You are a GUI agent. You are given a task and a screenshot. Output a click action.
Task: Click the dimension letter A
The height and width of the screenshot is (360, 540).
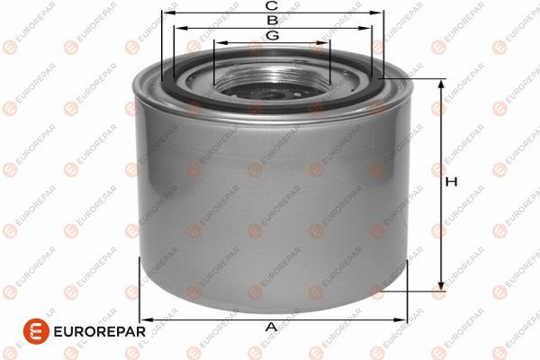(x=270, y=327)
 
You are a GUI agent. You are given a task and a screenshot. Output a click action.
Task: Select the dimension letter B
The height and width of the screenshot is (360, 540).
(x=271, y=20)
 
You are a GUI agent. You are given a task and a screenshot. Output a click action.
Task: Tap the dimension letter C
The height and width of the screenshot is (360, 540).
(x=271, y=6)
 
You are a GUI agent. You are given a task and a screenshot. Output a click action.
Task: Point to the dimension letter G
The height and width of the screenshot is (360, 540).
(x=271, y=35)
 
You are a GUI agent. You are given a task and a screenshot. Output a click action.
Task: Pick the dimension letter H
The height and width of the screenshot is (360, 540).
(x=453, y=182)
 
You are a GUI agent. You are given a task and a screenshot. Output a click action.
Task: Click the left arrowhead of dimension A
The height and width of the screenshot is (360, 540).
(x=143, y=319)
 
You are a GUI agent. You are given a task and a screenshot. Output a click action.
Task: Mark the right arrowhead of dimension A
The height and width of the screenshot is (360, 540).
(x=404, y=319)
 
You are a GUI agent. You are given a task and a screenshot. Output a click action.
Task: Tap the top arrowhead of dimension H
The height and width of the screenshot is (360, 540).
(x=441, y=84)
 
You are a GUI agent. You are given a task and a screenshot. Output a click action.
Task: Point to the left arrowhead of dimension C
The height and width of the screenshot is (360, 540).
(x=166, y=13)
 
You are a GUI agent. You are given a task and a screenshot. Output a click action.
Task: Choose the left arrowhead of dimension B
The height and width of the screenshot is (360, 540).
(x=178, y=28)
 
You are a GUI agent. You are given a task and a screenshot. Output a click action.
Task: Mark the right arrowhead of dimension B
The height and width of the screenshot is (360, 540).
(x=368, y=28)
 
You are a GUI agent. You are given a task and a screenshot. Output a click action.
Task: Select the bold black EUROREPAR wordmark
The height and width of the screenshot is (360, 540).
(x=94, y=331)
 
